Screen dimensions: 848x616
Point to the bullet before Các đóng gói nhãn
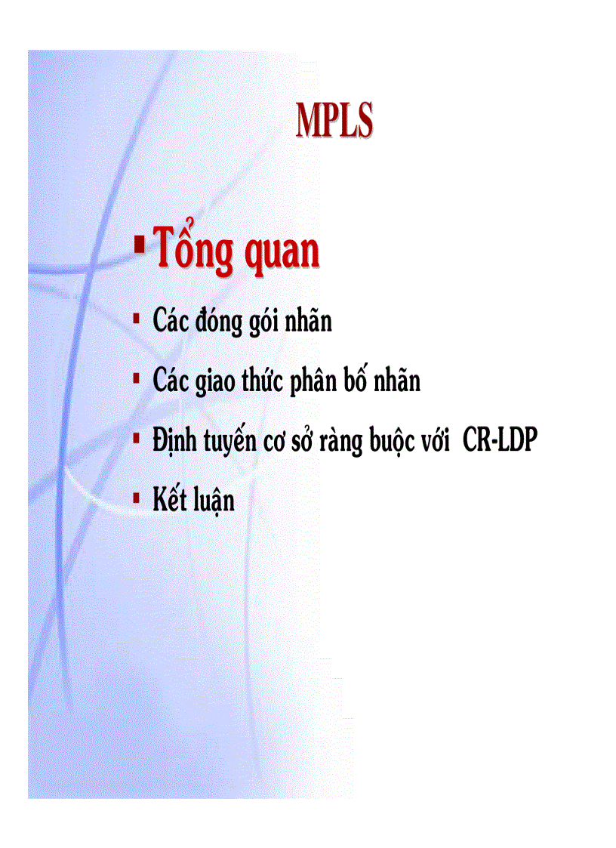point(136,319)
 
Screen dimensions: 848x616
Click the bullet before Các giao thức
point(136,378)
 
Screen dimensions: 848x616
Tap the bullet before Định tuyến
point(136,437)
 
